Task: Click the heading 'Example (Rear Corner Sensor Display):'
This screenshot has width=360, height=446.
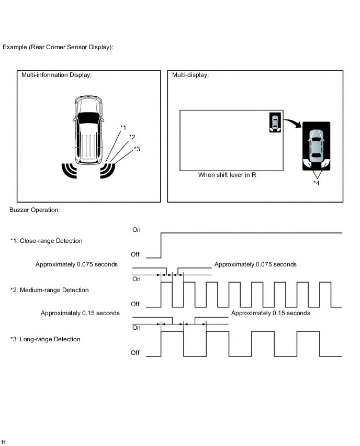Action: pyautogui.click(x=58, y=47)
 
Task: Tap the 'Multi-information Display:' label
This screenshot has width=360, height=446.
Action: pyautogui.click(x=57, y=75)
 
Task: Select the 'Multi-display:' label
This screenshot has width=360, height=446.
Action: pyautogui.click(x=190, y=75)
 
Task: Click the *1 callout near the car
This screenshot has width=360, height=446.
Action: pyautogui.click(x=123, y=127)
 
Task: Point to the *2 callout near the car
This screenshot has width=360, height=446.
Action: pyautogui.click(x=132, y=137)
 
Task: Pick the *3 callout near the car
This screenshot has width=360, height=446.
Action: pyautogui.click(x=137, y=149)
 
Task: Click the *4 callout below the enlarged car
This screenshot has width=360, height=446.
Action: pyautogui.click(x=317, y=183)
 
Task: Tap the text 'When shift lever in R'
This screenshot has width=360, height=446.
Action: pyautogui.click(x=227, y=175)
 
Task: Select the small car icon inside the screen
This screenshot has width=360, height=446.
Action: pyautogui.click(x=275, y=122)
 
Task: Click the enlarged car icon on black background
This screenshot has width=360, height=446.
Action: pyautogui.click(x=316, y=146)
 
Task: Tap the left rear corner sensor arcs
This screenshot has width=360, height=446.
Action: pyautogui.click(x=67, y=170)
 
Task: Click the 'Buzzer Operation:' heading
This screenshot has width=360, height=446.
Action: pyautogui.click(x=35, y=210)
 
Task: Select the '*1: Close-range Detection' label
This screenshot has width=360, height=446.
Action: pyautogui.click(x=46, y=241)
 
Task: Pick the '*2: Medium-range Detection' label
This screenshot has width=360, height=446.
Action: pyautogui.click(x=49, y=290)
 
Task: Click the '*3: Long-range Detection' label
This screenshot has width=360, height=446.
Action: pyautogui.click(x=45, y=339)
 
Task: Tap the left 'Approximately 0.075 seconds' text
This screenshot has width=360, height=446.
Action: pyautogui.click(x=76, y=264)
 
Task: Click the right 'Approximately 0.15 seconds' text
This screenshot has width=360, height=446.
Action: pyautogui.click(x=271, y=313)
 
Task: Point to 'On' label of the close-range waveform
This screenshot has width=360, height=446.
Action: pyautogui.click(x=137, y=230)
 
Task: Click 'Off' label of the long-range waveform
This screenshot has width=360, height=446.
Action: pyautogui.click(x=136, y=353)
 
